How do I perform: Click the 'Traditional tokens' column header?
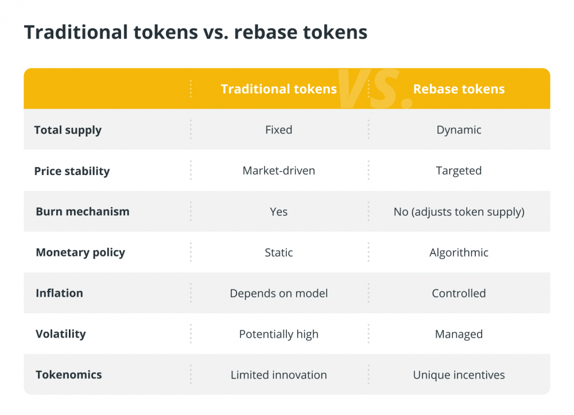pyautogui.click(x=278, y=89)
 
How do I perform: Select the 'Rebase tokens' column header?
pyautogui.click(x=459, y=89)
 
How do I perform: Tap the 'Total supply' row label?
pyautogui.click(x=68, y=130)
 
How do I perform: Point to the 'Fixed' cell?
pyautogui.click(x=278, y=130)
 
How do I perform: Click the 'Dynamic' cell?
pyautogui.click(x=459, y=130)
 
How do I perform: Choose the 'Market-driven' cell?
pyautogui.click(x=278, y=170)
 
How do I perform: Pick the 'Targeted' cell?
pyautogui.click(x=459, y=171)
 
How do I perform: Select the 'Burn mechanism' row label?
pyautogui.click(x=82, y=212)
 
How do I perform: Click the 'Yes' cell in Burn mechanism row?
pyautogui.click(x=278, y=212)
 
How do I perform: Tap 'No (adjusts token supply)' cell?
pyautogui.click(x=459, y=212)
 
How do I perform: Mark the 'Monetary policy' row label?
pyautogui.click(x=80, y=253)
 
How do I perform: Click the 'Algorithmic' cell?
pyautogui.click(x=459, y=253)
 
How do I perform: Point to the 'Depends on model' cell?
pyautogui.click(x=278, y=293)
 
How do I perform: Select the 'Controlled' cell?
pyautogui.click(x=459, y=293)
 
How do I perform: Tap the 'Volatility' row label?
pyautogui.click(x=61, y=334)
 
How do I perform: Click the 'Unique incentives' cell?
pyautogui.click(x=459, y=375)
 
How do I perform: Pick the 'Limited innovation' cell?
pyautogui.click(x=278, y=375)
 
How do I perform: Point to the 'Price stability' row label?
pyautogui.click(x=72, y=171)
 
